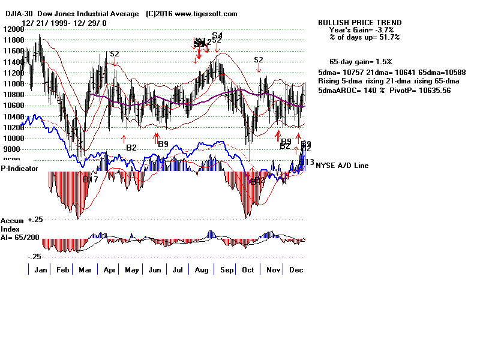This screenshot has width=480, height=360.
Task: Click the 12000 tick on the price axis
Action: click(x=10, y=29)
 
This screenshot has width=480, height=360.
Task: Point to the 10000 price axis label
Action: click(x=10, y=138)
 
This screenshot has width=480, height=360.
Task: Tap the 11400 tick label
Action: click(x=10, y=62)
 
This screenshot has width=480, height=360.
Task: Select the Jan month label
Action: click(x=41, y=270)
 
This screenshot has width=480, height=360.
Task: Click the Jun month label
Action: click(x=155, y=270)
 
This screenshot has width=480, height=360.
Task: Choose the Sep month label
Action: click(x=227, y=270)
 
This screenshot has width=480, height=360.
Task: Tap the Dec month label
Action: click(x=295, y=270)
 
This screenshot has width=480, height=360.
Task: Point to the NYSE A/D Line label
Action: click(x=342, y=166)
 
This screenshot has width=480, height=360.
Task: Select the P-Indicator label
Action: click(x=20, y=169)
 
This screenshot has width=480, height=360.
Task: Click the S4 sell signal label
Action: click(x=217, y=36)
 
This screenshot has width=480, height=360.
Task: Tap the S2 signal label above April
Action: click(x=115, y=54)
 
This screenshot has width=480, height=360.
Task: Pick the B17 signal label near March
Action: click(x=91, y=179)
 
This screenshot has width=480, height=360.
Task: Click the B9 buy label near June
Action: click(x=163, y=144)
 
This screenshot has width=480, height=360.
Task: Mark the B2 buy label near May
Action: click(x=131, y=147)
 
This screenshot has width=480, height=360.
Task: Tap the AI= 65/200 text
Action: click(x=20, y=238)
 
